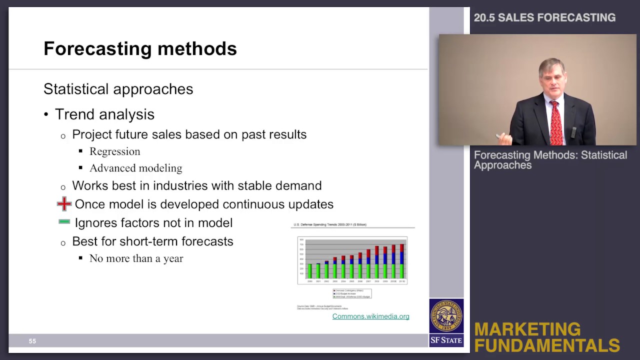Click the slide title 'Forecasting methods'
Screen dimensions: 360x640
coord(140,48)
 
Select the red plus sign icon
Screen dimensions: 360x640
coord(64,203)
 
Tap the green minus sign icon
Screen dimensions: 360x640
coord(64,221)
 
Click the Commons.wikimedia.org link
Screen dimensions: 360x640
coord(370,316)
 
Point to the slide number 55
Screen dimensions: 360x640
coord(32,341)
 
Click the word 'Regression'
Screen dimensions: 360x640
coord(114,151)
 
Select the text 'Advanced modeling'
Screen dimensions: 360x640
coord(135,168)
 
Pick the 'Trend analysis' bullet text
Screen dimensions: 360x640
coord(104,114)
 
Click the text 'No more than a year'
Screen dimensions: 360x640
coord(136,258)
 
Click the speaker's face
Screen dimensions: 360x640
coord(551,80)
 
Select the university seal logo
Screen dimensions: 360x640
coord(446,316)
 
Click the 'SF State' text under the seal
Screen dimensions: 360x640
coord(446,340)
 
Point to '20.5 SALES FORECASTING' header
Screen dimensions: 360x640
coord(544,17)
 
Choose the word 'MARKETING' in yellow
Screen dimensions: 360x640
coord(527,329)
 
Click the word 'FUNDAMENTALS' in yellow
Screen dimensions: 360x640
coord(546,345)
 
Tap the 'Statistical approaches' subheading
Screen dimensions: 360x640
coord(118,89)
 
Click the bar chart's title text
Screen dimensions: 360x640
coord(330,225)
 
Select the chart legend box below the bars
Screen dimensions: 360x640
coord(352,293)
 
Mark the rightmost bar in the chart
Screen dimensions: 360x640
coord(401,261)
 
